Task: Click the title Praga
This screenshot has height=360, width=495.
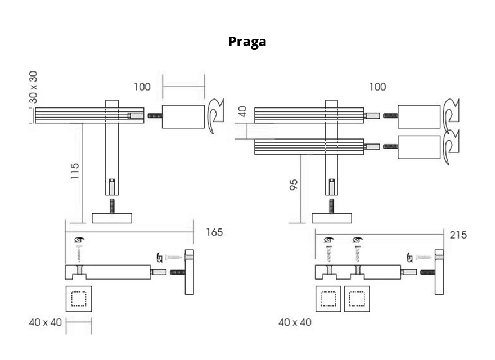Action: [x=247, y=42]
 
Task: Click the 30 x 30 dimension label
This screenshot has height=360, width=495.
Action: [x=34, y=87]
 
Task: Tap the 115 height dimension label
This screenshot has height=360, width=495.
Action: [x=75, y=172]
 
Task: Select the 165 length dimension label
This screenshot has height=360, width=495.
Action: [x=214, y=232]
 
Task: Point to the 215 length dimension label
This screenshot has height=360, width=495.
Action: [x=458, y=235]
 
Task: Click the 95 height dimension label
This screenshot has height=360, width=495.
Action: [x=294, y=185]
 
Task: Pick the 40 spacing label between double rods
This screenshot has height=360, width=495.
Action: [x=243, y=111]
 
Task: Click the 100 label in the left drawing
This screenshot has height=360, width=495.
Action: [x=142, y=87]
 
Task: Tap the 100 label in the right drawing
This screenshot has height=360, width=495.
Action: [x=377, y=87]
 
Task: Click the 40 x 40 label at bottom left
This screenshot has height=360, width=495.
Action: [x=44, y=323]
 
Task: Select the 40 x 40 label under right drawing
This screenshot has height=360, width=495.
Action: [x=295, y=322]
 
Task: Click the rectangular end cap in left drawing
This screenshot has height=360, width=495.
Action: [x=183, y=116]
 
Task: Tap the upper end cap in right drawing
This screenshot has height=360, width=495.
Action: [x=418, y=116]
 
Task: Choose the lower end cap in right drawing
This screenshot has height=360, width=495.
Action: [x=418, y=147]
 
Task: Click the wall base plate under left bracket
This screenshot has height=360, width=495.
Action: [x=111, y=218]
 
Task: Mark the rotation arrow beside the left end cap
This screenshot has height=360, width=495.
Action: [x=215, y=115]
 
